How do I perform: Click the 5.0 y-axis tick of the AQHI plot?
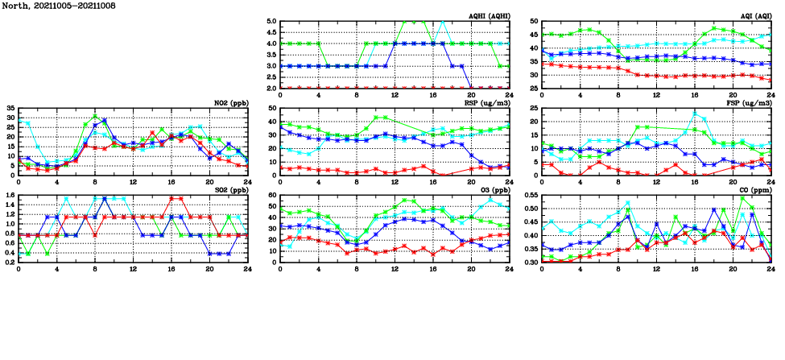(x=271, y=22)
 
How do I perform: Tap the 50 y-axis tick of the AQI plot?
(x=535, y=22)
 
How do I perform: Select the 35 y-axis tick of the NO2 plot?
(x=10, y=108)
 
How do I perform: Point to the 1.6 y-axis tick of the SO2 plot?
(x=9, y=195)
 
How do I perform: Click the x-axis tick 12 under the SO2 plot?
(x=133, y=268)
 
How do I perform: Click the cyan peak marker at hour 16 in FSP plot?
(x=695, y=114)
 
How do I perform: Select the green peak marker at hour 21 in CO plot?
(x=742, y=198)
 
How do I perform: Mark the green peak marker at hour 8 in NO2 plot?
(x=95, y=116)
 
